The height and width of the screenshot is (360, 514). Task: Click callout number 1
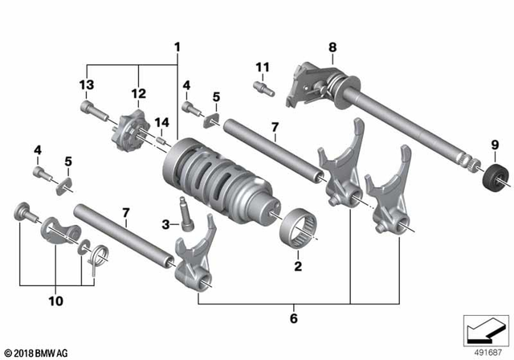[177, 47]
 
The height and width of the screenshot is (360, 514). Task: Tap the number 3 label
[165, 224]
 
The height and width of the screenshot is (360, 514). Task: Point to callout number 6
[294, 319]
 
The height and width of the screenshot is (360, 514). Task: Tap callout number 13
[86, 85]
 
